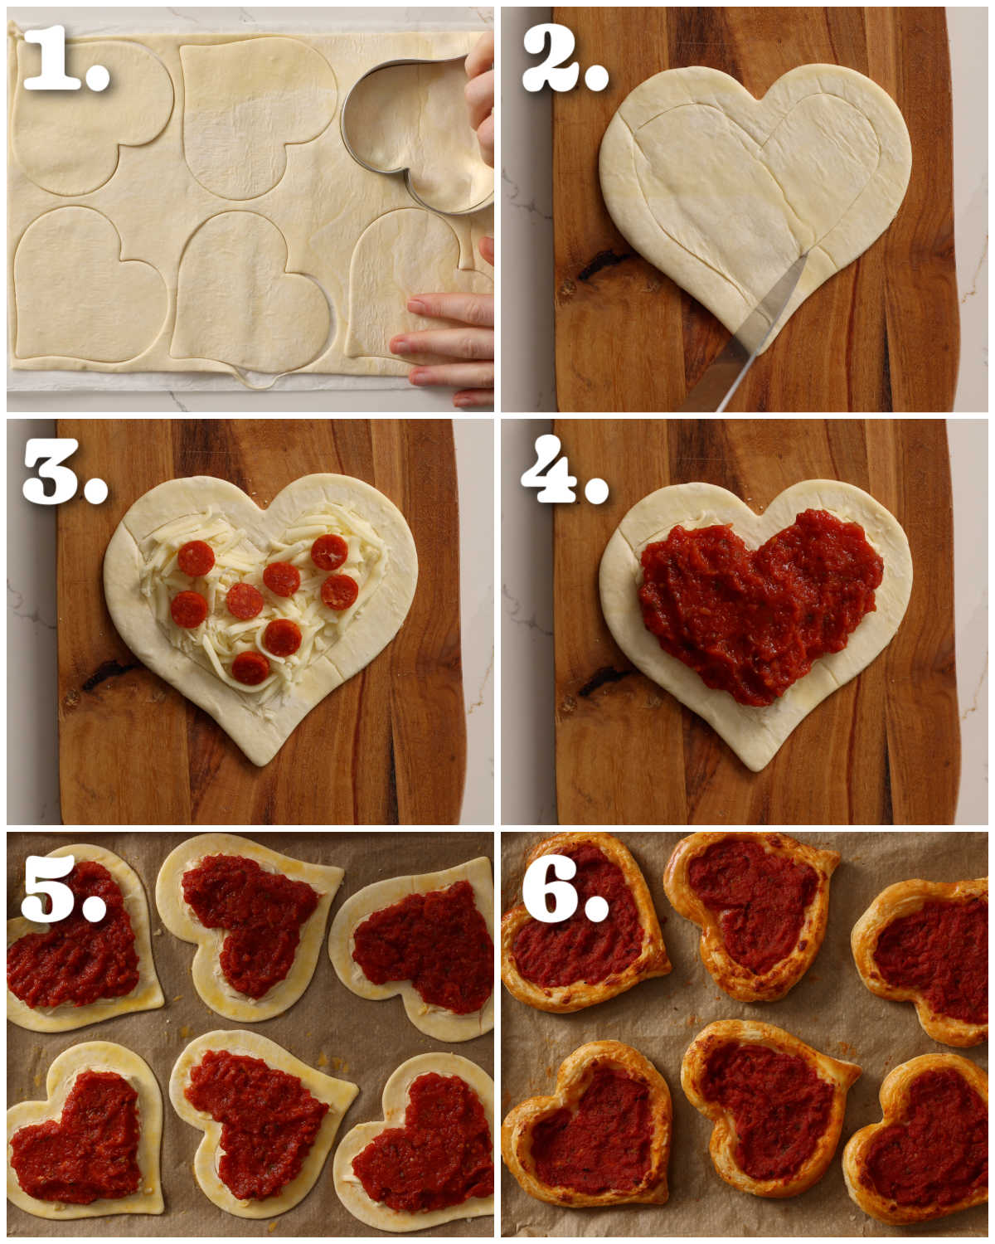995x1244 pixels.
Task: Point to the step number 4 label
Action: click(565, 469)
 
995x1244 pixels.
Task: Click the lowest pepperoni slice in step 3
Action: click(250, 668)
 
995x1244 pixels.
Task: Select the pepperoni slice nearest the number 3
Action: click(196, 558)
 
